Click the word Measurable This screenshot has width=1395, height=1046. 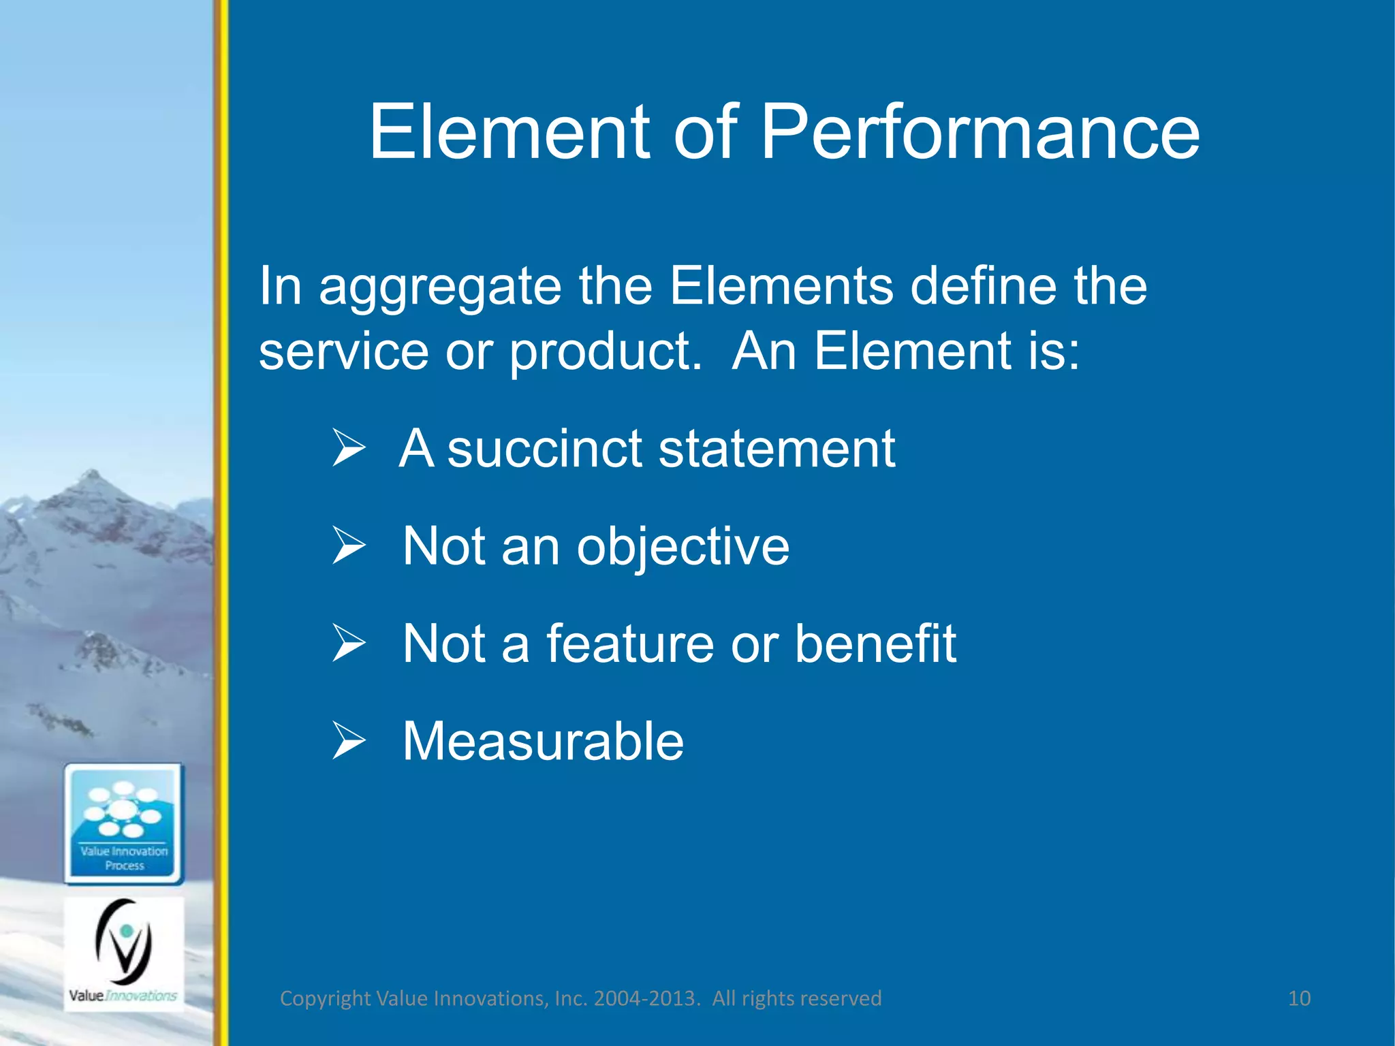click(x=543, y=742)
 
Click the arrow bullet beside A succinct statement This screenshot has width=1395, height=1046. click(x=349, y=448)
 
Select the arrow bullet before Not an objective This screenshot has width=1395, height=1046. click(x=349, y=545)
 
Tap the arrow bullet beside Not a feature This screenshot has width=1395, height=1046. click(x=349, y=643)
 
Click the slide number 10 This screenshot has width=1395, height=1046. click(x=1299, y=998)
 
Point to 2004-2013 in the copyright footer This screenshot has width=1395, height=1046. click(x=645, y=998)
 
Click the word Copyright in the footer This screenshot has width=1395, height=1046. click(x=325, y=998)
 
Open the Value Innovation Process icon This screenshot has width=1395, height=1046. click(x=124, y=824)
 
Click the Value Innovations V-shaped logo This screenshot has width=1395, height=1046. click(x=124, y=943)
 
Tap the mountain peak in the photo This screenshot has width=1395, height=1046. click(x=92, y=477)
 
